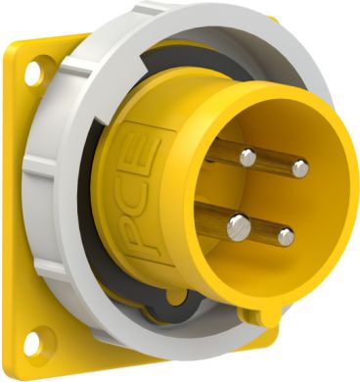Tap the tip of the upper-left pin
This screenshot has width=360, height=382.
[248, 156]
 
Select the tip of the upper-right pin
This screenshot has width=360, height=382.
[299, 168]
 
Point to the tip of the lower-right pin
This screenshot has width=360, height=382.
[285, 236]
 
